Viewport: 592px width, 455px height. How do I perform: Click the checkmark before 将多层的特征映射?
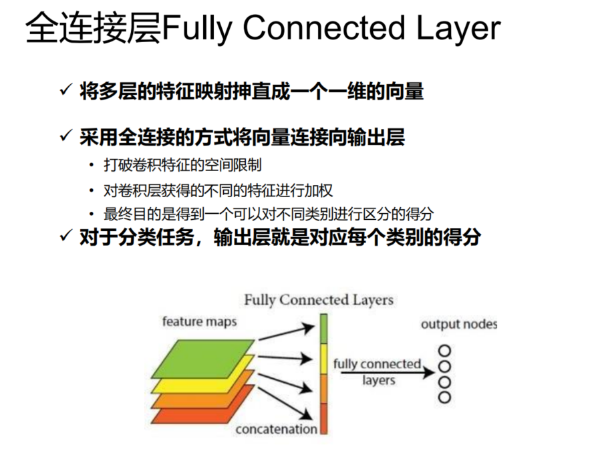[65, 90]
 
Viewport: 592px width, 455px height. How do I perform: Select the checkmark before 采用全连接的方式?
[65, 137]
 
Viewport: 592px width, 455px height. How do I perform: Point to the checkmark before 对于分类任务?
[65, 237]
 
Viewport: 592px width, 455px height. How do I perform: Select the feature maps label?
[199, 322]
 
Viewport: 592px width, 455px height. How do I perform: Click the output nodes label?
[459, 325]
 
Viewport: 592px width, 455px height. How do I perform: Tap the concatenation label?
[276, 430]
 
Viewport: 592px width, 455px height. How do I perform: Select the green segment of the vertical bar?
[323, 329]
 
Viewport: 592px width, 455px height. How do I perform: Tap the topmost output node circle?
[444, 351]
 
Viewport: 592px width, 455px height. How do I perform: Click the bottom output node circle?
[444, 398]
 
